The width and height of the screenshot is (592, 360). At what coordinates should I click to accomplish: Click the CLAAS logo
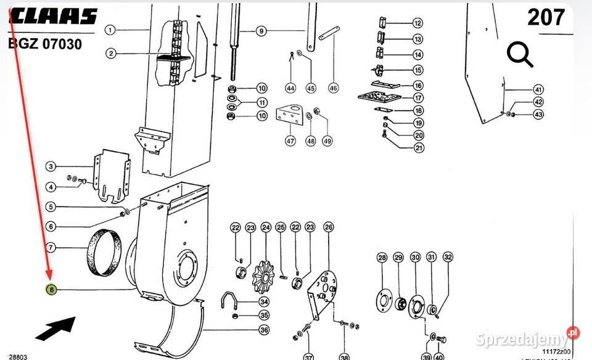click(x=52, y=17)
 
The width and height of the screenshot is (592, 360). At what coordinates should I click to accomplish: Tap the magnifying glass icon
click(x=520, y=56)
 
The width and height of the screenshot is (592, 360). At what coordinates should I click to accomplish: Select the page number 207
click(x=546, y=18)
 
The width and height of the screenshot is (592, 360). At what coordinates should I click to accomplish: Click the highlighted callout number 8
click(x=52, y=289)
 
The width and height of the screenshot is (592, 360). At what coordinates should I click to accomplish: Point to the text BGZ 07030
click(x=44, y=44)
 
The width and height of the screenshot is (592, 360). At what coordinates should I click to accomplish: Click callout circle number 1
click(x=110, y=30)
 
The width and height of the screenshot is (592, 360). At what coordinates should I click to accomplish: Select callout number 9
click(x=261, y=31)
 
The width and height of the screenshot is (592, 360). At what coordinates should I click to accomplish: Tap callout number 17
click(x=418, y=98)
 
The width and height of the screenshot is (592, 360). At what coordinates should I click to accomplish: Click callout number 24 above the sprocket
click(x=266, y=228)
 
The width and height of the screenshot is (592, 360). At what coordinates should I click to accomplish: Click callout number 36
click(x=264, y=330)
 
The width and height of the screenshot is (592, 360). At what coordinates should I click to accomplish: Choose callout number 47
click(x=290, y=141)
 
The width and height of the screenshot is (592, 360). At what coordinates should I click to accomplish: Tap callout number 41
click(x=538, y=89)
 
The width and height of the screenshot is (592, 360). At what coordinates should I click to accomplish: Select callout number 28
click(x=382, y=258)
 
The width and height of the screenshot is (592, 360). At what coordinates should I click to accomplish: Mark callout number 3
click(x=52, y=166)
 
